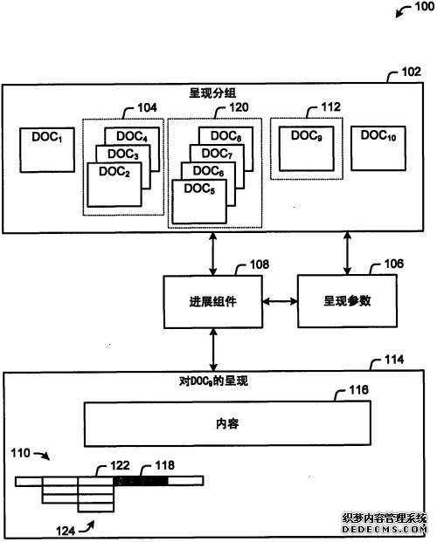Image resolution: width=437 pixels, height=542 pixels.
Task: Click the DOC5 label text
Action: (199, 189)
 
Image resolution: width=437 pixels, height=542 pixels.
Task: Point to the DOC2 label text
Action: (114, 172)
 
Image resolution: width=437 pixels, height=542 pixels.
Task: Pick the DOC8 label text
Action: (225, 136)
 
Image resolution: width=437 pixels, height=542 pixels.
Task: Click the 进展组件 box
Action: (213, 302)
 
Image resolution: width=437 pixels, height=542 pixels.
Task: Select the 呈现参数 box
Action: (347, 301)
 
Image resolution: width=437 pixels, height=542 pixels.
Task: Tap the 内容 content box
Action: (227, 423)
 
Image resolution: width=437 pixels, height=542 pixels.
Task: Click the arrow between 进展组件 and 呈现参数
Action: (281, 301)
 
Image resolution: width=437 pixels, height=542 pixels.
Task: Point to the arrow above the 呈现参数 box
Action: (347, 254)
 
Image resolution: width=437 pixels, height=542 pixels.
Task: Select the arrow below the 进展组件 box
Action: (213, 349)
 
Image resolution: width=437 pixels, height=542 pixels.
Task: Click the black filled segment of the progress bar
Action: (141, 481)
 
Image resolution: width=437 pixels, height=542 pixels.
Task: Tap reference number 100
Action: (424, 6)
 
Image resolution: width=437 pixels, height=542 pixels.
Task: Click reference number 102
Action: (411, 72)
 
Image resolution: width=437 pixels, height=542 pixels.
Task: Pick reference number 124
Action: (66, 531)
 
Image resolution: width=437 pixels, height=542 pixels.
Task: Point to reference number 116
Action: (358, 390)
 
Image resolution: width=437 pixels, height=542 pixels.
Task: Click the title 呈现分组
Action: (212, 93)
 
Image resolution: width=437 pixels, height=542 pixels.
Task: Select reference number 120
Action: (239, 107)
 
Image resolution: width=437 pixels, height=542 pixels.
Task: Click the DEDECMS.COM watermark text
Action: (384, 529)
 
